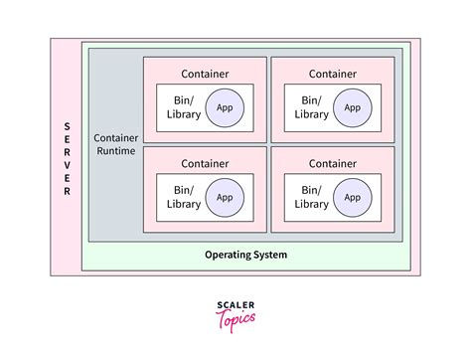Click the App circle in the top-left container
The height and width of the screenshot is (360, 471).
[x=226, y=107]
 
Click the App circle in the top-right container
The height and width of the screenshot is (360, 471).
[x=353, y=107]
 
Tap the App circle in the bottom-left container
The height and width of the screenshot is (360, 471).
[x=226, y=197]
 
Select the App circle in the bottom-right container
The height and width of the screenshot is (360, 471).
[x=353, y=197]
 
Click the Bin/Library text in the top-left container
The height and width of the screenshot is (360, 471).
[x=184, y=107]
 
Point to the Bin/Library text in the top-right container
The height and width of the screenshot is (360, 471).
[x=311, y=107]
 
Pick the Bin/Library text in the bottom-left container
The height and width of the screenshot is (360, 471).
[x=184, y=197]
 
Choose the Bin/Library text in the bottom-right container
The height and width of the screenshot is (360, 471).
[x=311, y=197]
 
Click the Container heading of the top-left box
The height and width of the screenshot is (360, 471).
[x=205, y=73]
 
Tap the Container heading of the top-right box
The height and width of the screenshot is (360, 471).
[x=333, y=73]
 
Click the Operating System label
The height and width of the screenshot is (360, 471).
[x=245, y=256]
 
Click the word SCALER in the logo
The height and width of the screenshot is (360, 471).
[x=235, y=305]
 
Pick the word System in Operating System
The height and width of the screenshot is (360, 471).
[x=270, y=256]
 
